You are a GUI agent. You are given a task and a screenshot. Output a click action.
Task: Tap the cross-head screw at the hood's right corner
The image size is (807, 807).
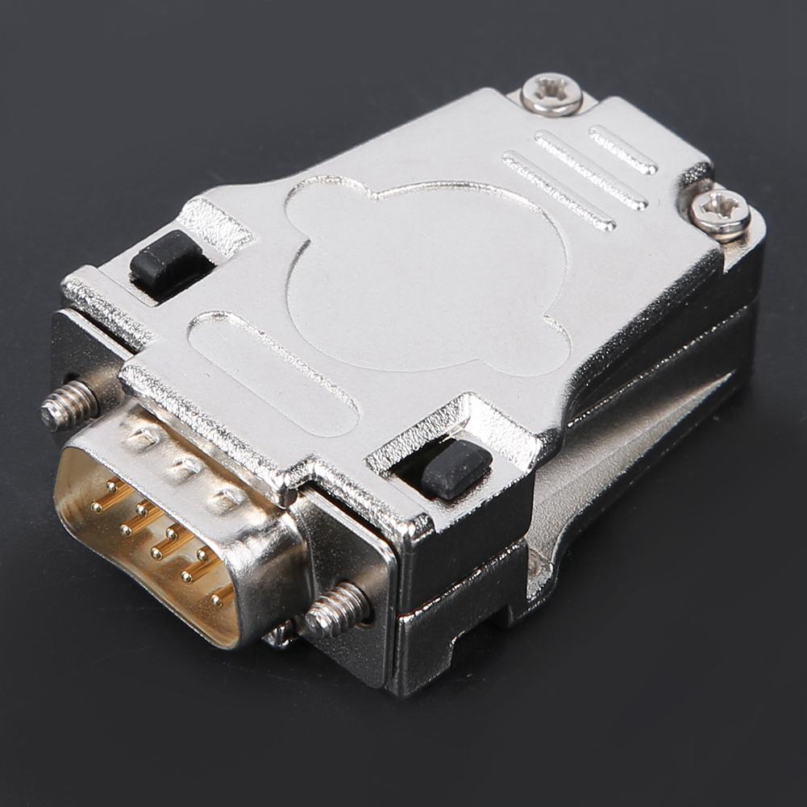coord(719,213)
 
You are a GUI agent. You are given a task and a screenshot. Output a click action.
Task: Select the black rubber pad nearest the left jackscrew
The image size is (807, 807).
coord(165,260)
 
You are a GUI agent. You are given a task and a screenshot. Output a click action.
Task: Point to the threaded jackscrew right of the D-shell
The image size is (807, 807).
coord(335,610)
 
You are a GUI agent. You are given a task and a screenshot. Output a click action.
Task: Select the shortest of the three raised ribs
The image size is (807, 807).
coord(622,150)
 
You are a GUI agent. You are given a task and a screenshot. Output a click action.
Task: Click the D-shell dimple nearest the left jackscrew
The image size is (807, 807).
coord(142,439)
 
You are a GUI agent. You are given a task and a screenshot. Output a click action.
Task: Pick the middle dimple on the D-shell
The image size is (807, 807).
coord(183,468)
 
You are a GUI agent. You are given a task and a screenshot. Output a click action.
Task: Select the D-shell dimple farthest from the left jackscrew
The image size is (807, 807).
coord(227,500)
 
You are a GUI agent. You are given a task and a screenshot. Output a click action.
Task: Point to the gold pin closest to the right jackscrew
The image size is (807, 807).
coord(218,598)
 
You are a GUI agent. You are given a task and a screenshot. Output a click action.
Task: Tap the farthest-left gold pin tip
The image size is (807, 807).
coord(95,507)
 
